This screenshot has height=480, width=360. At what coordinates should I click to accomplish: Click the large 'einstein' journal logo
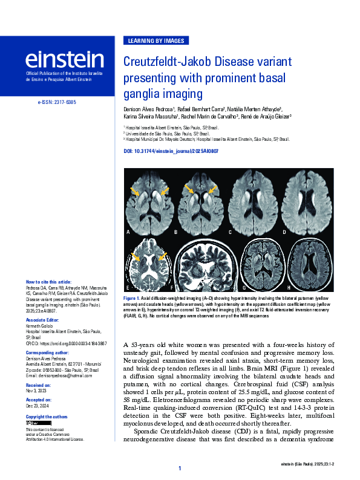tap(64, 59)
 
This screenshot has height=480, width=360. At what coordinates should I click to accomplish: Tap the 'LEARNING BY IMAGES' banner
tap(156, 41)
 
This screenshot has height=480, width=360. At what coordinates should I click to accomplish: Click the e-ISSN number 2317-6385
tap(56, 103)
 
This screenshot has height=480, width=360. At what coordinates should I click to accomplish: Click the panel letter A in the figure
tap(128, 232)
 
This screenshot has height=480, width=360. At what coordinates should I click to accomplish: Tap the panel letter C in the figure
tap(230, 232)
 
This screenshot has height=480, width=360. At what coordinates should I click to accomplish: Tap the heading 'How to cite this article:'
tap(48, 282)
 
